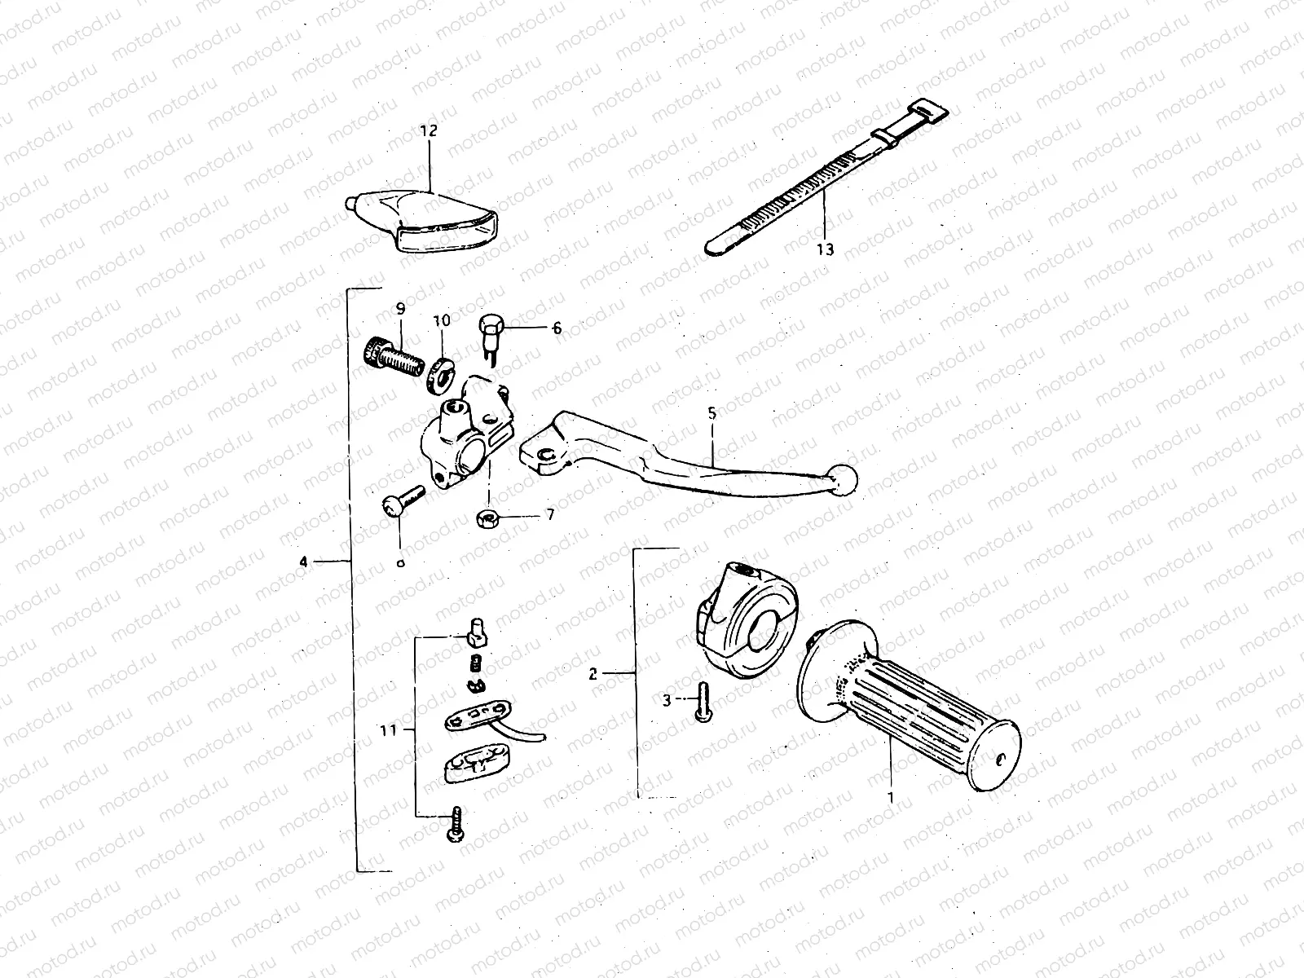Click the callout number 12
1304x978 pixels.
coord(429,130)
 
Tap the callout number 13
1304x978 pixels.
coord(826,249)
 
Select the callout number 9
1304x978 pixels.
coord(400,308)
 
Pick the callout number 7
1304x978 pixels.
coord(550,516)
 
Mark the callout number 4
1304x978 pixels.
coord(303,561)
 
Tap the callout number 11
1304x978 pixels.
coord(388,730)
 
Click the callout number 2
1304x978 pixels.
coord(593,673)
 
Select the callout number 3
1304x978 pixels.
coord(666,699)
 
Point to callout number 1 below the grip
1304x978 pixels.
coord(891,796)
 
